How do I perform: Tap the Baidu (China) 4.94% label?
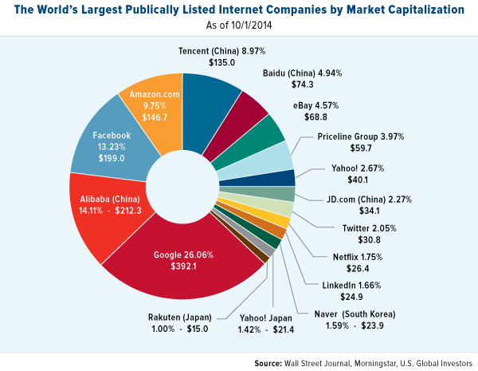click(x=301, y=73)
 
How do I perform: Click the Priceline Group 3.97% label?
click(x=355, y=136)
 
